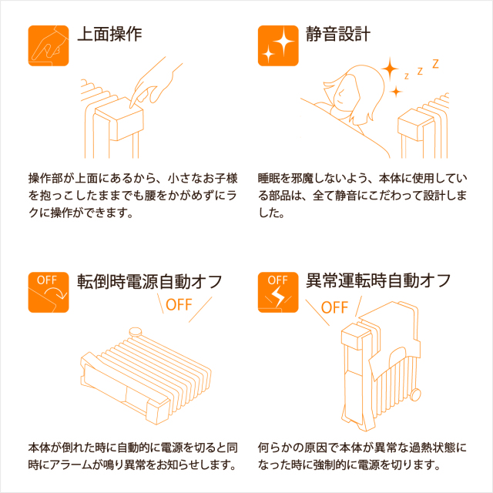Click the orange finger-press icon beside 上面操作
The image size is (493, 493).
coord(49,45)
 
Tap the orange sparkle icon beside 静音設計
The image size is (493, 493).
coord(278,45)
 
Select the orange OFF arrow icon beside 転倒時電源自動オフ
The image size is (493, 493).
coord(49,292)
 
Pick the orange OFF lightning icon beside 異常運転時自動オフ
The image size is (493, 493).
coord(278,292)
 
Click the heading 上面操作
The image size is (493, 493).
coord(109,34)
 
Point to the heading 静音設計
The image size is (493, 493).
coord(338,34)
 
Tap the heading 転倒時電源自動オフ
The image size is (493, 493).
coord(149,280)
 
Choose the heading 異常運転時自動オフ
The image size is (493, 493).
coord(378,280)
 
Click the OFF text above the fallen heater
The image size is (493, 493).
coord(179,305)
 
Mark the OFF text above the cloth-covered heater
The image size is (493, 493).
coord(334,307)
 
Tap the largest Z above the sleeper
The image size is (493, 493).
coord(435,64)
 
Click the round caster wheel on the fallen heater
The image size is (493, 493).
coord(136,331)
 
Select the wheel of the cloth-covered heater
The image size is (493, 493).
coord(415,394)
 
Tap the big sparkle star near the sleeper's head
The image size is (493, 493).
coord(390,69)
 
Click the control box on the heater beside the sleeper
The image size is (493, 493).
coord(412,124)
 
